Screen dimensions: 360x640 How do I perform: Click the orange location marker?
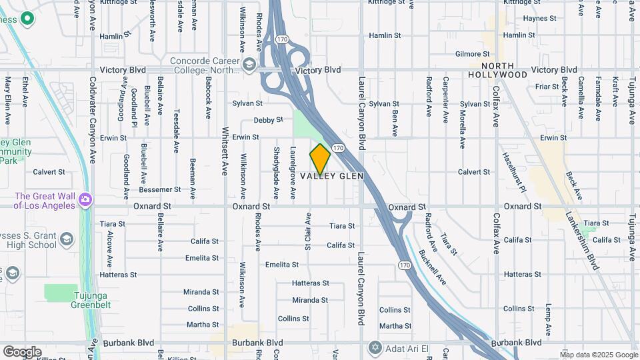[320, 159]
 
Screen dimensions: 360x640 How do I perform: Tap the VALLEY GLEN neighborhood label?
[331, 176]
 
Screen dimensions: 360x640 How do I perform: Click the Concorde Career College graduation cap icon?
[249, 65]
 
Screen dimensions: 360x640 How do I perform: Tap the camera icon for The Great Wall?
[85, 199]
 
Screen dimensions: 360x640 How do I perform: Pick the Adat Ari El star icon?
[375, 347]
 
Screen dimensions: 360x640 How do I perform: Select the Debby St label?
[269, 121]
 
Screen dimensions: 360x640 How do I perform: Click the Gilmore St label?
[472, 54]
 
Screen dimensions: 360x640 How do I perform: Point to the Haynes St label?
[539, 19]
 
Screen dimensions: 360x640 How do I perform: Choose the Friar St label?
[546, 87]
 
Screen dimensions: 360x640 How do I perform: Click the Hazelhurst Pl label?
[514, 173]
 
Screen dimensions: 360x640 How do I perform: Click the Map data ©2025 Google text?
[599, 354]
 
